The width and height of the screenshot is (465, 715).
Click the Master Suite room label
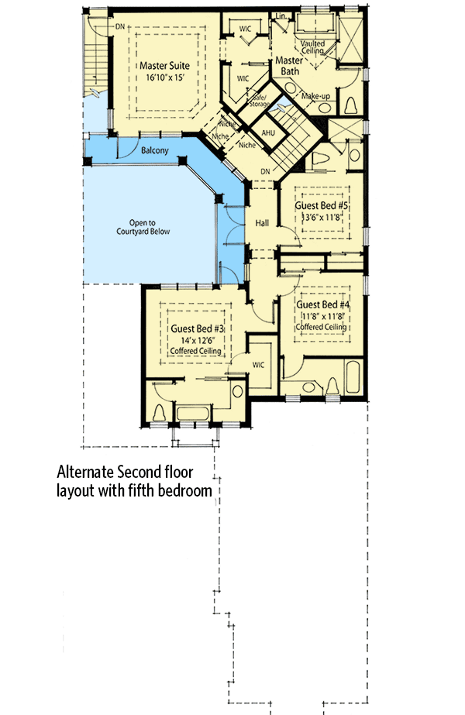pos(164,66)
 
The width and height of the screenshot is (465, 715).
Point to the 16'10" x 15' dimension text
pos(164,77)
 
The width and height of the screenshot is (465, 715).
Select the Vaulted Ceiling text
pos(313,47)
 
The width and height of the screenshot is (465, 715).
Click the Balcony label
pos(155,151)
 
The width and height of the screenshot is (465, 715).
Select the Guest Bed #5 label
pos(321,207)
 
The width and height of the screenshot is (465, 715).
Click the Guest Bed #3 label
pos(196,328)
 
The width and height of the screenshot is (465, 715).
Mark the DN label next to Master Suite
pos(120,26)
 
